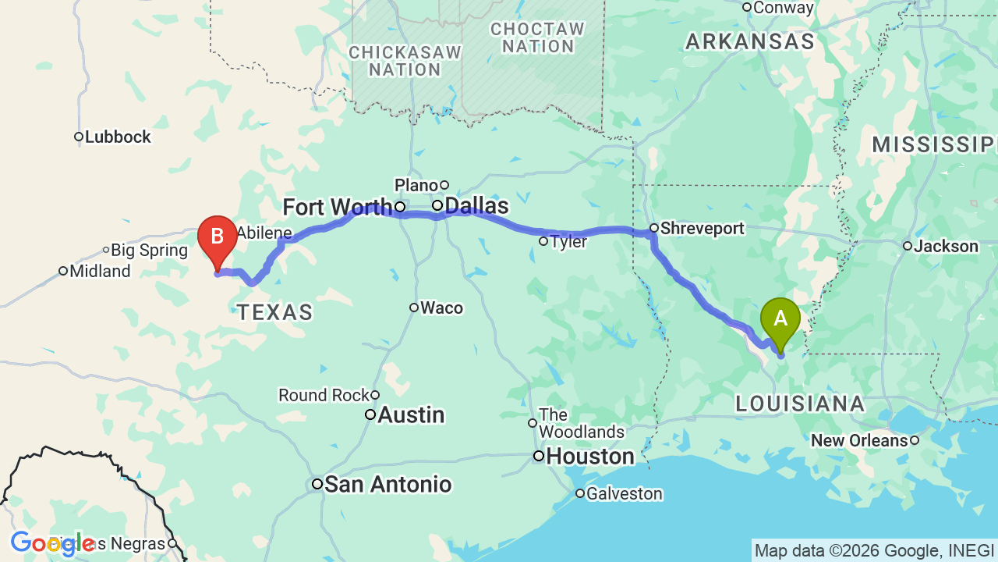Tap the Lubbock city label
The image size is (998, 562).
pos(117,137)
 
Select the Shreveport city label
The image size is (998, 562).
pos(702,229)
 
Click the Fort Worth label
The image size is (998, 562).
pos(337,208)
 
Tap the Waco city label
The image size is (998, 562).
pos(441,308)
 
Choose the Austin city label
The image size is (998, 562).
pos(410,415)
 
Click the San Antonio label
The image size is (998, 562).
pos(388,485)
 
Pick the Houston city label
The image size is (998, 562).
pos(590,457)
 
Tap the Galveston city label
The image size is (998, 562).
pos(624,494)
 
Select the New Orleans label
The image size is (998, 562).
pos(859,441)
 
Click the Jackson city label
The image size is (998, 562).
pos(946,247)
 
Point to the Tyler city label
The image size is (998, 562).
pos(568,242)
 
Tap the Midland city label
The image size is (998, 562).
pos(100,272)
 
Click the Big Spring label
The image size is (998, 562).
pos(149,251)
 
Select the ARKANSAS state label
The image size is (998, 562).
pos(750,42)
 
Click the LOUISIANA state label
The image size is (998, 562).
pos(800,404)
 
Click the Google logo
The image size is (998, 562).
pos(52,543)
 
